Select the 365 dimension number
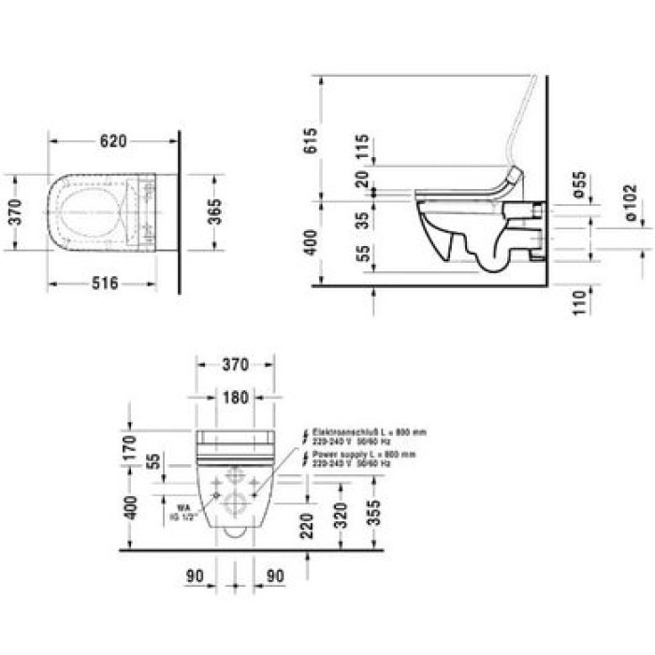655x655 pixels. point(216,211)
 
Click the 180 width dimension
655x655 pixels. point(236,398)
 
